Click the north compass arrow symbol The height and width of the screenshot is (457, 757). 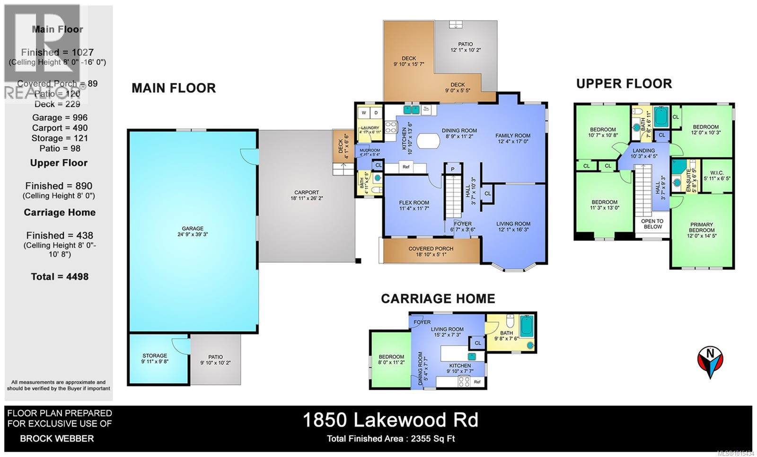710,362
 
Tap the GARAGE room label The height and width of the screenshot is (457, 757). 193,228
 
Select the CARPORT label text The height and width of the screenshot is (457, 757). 307,192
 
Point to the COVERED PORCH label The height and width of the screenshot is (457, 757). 431,249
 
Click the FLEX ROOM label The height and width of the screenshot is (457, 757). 414,203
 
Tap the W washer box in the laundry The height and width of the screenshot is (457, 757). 364,113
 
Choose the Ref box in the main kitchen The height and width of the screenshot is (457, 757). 406,167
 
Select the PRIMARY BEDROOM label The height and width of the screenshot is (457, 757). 701,228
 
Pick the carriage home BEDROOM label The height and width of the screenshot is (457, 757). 391,357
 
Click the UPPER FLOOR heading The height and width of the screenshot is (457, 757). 624,84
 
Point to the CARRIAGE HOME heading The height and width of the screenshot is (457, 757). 438,298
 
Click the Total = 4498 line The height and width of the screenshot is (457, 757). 60,277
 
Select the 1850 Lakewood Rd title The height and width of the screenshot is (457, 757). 390,420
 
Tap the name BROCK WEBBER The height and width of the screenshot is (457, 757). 57,439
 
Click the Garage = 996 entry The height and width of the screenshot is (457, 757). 60,117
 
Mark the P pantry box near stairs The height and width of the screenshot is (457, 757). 452,169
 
